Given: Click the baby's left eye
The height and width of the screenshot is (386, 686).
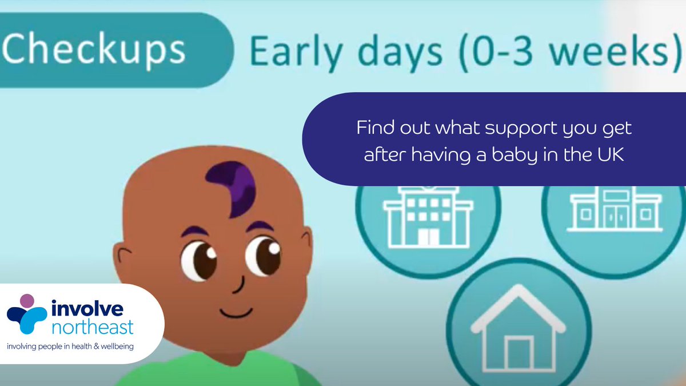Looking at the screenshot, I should coord(198,260).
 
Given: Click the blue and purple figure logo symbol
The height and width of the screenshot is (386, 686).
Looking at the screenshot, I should coord(26,314).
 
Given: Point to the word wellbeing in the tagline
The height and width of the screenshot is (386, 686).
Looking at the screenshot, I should coord(114,346).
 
